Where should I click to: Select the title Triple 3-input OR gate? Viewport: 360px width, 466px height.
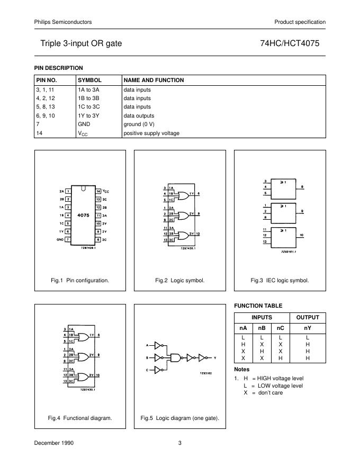(x=81, y=43)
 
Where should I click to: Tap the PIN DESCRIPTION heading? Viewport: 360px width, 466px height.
(x=58, y=68)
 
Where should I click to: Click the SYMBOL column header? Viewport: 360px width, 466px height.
(x=89, y=80)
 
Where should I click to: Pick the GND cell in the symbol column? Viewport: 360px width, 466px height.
(x=84, y=124)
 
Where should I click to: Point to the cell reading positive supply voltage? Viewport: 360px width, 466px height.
(x=151, y=133)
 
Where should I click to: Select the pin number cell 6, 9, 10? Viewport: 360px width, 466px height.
(x=46, y=115)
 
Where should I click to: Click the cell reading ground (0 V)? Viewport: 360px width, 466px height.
(x=143, y=124)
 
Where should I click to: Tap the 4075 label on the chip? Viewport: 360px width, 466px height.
(x=83, y=216)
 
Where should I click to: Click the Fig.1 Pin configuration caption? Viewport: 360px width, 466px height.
(x=80, y=280)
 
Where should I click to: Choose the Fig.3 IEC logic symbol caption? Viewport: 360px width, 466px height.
(x=280, y=280)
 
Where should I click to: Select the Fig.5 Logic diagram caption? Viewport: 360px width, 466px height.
(x=179, y=418)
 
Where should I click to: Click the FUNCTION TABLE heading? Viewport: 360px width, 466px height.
(x=258, y=306)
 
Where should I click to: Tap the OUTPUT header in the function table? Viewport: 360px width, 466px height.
(x=308, y=317)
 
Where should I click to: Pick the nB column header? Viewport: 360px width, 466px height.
(x=262, y=328)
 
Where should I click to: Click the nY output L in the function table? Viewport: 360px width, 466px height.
(x=308, y=337)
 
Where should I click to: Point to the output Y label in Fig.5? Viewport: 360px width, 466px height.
(x=215, y=357)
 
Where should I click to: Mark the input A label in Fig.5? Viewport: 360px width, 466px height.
(x=148, y=345)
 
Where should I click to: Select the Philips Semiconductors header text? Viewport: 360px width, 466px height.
(x=63, y=22)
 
